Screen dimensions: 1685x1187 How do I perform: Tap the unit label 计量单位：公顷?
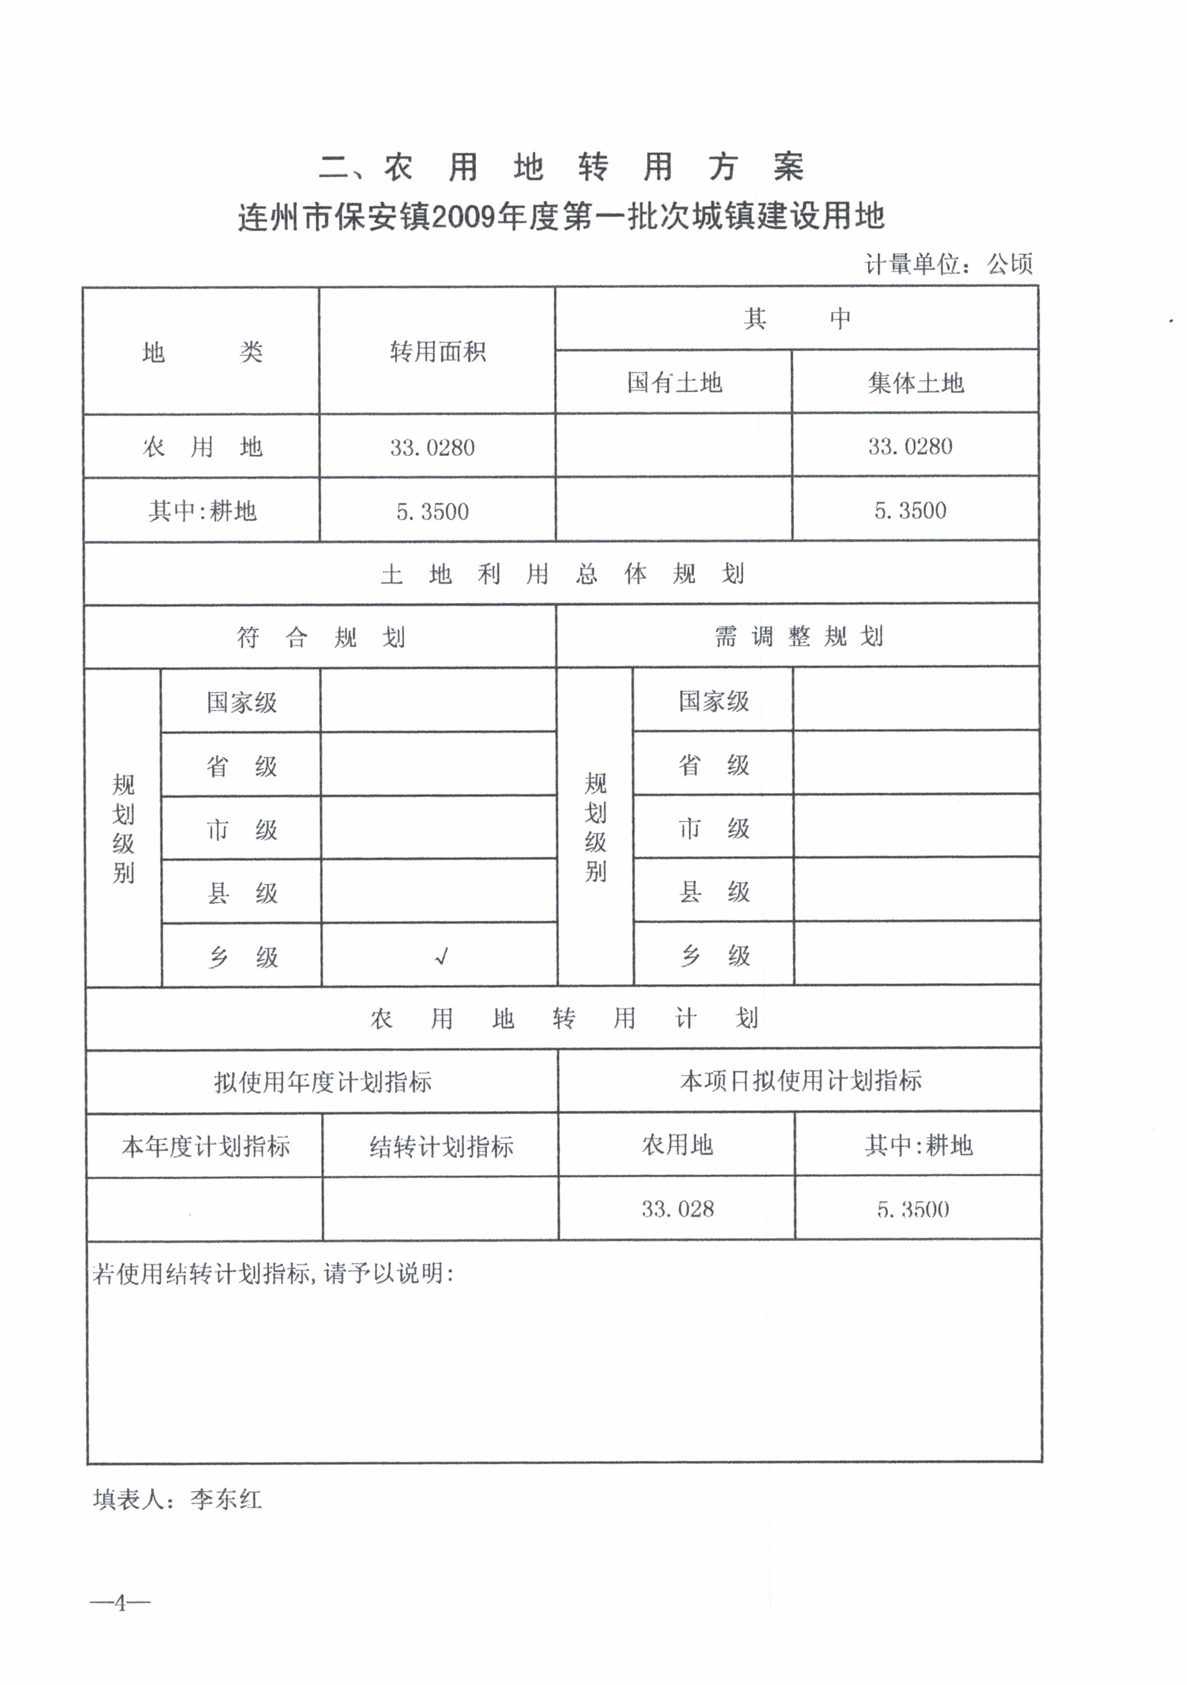948,264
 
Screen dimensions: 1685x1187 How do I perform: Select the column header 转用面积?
437,352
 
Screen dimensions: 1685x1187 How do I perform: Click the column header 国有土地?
674,382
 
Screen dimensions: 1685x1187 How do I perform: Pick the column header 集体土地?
915,382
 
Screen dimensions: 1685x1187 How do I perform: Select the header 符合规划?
320,637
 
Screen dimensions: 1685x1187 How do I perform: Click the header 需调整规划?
798,636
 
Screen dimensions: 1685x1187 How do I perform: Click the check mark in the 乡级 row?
441,956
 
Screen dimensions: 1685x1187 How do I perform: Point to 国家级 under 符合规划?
242,702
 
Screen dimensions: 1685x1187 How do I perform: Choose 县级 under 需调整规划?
713,891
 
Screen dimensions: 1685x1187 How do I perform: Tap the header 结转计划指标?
441,1146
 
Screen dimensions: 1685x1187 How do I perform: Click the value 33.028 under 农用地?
677,1210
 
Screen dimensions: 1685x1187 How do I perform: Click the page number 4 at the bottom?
120,1603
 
